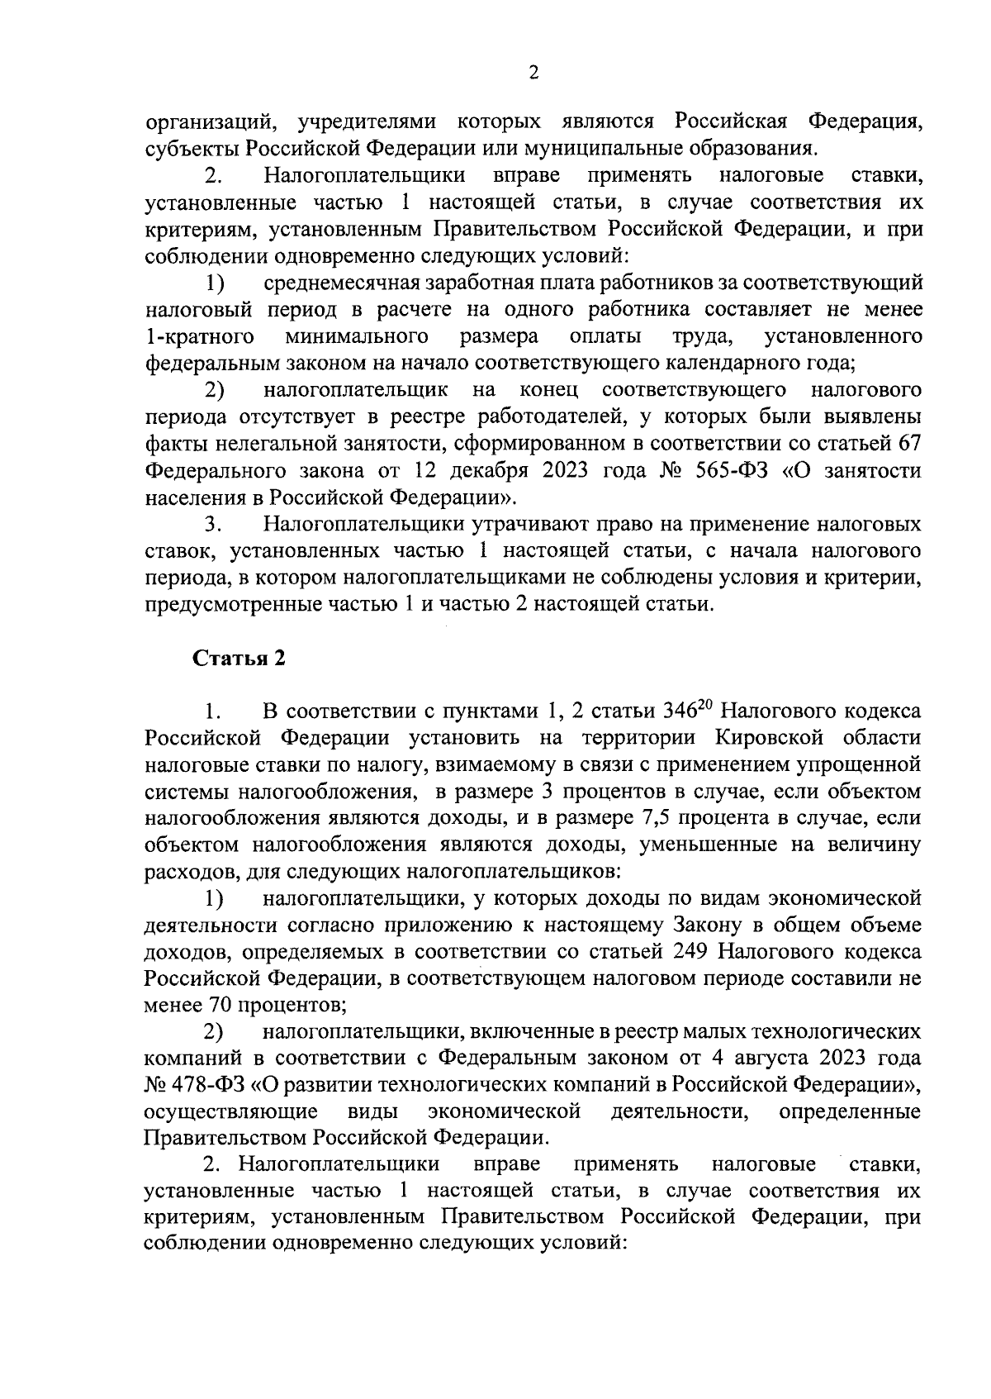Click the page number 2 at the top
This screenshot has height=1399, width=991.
tap(533, 74)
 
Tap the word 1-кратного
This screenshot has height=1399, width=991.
tap(198, 336)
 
